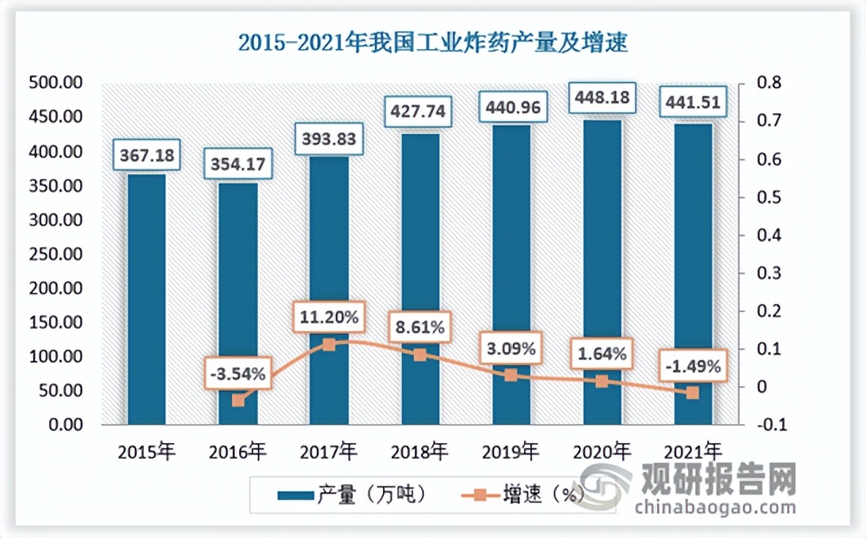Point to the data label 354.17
[237, 165]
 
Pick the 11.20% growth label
[329, 318]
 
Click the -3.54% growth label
[237, 372]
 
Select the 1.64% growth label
[602, 354]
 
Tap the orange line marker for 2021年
[693, 392]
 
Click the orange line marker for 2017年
[329, 344]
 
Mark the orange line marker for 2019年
[511, 375]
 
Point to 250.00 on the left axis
[55, 254]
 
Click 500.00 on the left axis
[55, 83]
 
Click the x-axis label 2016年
[237, 453]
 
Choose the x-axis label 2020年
[602, 453]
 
